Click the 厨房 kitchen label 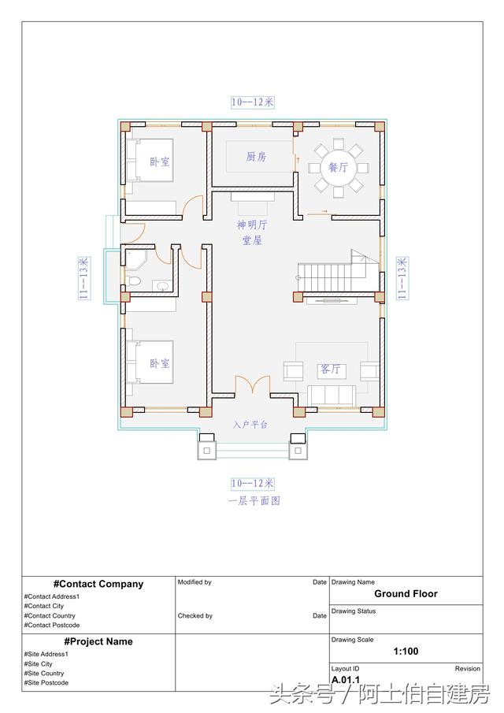[256, 157]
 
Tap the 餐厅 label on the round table [339, 168]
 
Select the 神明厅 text [252, 225]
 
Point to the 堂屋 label [252, 240]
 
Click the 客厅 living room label [330, 369]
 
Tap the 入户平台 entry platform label [250, 425]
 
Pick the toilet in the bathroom [133, 281]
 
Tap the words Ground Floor [406, 594]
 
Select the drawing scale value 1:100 [406, 652]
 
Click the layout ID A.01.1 [346, 679]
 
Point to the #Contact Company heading [98, 584]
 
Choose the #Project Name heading [98, 641]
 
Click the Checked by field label [195, 616]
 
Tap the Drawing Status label [354, 611]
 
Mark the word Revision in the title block [467, 669]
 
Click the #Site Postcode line [46, 683]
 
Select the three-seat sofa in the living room [332, 394]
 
